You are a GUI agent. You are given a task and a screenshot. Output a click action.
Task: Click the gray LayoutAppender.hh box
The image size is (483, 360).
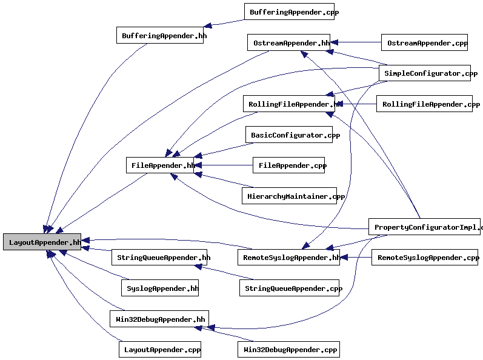click(42, 242)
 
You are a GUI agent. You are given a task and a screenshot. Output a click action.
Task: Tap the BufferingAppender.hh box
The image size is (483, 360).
click(164, 35)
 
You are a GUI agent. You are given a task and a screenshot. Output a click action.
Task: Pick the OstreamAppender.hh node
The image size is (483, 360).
click(288, 42)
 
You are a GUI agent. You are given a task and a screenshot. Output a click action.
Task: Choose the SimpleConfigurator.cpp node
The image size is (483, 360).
click(424, 73)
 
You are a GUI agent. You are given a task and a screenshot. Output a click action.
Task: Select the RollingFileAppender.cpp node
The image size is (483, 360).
click(424, 104)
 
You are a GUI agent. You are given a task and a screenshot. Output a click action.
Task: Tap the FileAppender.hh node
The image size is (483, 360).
click(159, 165)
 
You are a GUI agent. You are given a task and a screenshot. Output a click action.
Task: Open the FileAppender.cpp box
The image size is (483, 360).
click(288, 165)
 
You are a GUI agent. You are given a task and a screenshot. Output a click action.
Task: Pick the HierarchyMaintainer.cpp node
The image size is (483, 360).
click(289, 196)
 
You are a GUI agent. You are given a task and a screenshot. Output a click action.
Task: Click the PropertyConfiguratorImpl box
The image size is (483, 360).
click(424, 227)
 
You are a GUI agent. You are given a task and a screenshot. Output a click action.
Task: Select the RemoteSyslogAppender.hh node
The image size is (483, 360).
click(288, 257)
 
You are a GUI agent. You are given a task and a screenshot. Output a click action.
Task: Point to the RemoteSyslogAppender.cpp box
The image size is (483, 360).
click(424, 257)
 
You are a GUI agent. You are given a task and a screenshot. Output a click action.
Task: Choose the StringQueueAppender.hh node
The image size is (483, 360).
click(160, 257)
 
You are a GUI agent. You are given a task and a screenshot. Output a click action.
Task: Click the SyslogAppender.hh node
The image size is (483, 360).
click(160, 288)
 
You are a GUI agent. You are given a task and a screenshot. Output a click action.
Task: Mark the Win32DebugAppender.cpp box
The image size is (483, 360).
click(288, 350)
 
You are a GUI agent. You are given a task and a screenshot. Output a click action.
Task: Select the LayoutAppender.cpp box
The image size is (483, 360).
click(160, 350)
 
